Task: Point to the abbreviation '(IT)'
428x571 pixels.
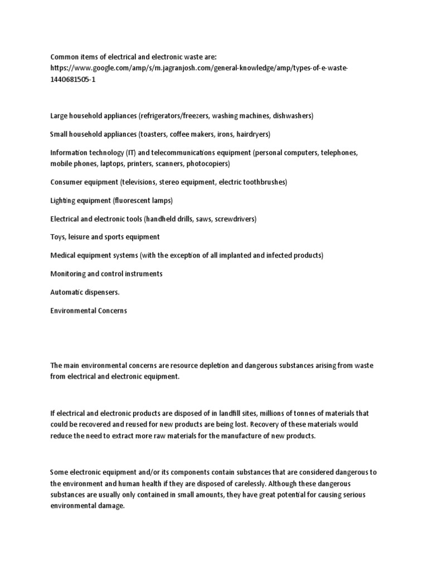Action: click(x=137, y=153)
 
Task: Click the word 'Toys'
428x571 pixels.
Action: click(x=57, y=237)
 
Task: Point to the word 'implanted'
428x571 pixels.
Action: click(x=236, y=255)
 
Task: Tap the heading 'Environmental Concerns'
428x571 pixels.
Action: click(x=89, y=311)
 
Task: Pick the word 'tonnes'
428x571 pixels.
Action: click(x=304, y=413)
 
